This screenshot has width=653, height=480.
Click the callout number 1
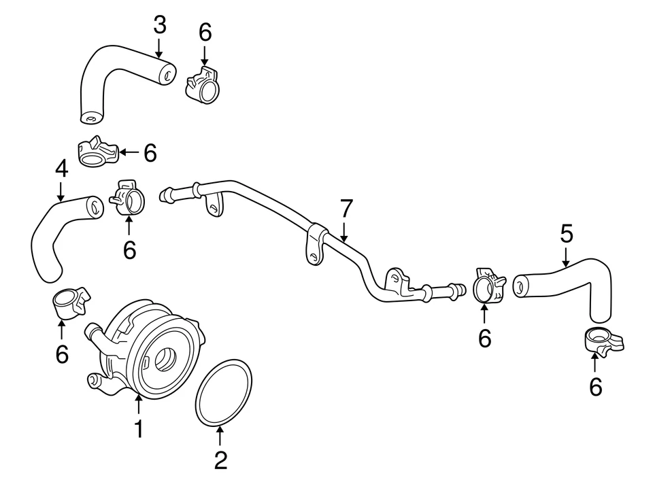point(138,429)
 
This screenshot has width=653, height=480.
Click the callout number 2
point(220,460)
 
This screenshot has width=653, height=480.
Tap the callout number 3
point(159,25)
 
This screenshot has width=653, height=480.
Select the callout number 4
point(61,169)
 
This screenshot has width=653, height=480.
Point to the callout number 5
point(566,235)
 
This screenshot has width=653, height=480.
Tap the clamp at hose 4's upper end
point(127,197)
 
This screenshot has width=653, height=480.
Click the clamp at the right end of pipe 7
point(486,288)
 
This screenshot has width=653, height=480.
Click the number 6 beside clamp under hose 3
point(150,153)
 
